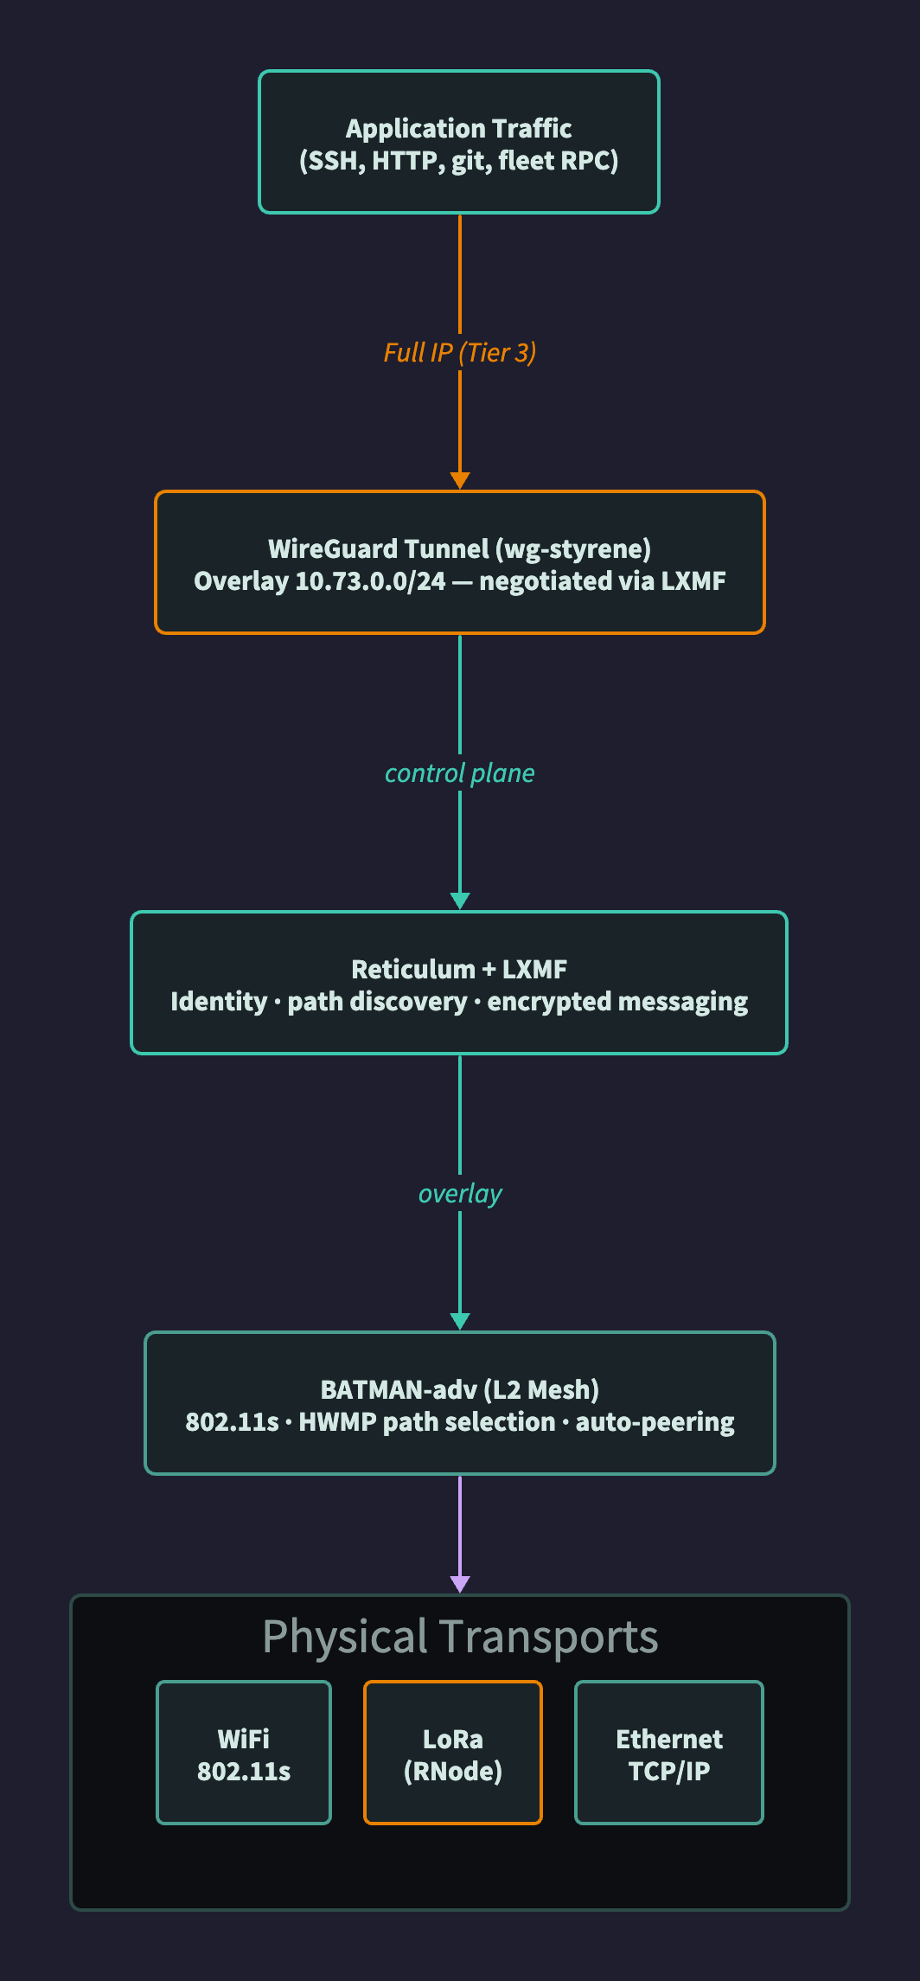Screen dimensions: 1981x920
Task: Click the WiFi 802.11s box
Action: pyautogui.click(x=244, y=1753)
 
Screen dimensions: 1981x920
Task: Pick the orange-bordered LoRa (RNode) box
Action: pyautogui.click(x=453, y=1753)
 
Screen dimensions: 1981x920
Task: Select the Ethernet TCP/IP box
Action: pyautogui.click(x=669, y=1753)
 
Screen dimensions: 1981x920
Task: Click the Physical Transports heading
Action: pyautogui.click(x=460, y=1637)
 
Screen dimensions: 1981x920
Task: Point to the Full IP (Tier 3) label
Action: pyautogui.click(x=460, y=353)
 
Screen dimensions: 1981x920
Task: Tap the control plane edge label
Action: pyautogui.click(x=460, y=773)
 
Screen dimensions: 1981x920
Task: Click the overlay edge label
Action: pyautogui.click(x=460, y=1194)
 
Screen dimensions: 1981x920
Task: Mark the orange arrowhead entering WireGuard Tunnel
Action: pyautogui.click(x=460, y=481)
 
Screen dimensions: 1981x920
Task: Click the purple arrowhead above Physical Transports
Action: pyautogui.click(x=460, y=1584)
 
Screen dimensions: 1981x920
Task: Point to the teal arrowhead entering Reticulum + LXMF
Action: pyautogui.click(x=460, y=901)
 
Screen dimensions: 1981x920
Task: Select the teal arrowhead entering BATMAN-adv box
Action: pyautogui.click(x=460, y=1322)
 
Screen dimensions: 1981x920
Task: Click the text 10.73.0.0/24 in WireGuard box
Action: pyautogui.click(x=370, y=581)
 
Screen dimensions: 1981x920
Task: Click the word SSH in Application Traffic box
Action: pyautogui.click(x=334, y=161)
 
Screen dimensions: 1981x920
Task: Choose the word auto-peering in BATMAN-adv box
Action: pyautogui.click(x=655, y=1422)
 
